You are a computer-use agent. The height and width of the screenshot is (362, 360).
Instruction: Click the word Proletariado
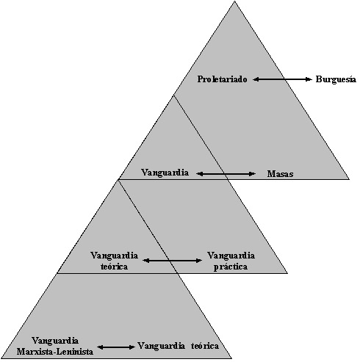point(222,79)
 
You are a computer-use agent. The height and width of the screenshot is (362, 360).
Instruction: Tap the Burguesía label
point(336,79)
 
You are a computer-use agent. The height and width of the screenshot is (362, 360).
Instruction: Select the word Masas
point(280,174)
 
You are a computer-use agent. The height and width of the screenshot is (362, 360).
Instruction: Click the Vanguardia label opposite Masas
point(165,173)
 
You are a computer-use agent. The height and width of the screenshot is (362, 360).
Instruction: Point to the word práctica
point(231,267)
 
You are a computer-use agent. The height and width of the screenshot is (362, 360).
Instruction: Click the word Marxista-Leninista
point(55,352)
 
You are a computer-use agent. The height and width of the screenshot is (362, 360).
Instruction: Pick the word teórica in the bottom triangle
point(205,346)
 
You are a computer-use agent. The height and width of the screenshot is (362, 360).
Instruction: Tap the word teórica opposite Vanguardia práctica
point(114,267)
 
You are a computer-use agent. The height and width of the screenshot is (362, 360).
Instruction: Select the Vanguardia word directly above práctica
point(231,256)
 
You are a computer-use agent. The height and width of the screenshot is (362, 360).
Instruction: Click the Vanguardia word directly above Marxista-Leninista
point(55,341)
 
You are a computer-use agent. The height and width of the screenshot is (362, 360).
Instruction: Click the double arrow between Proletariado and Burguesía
point(282,79)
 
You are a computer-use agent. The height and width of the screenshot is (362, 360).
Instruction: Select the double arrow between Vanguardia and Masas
point(226,174)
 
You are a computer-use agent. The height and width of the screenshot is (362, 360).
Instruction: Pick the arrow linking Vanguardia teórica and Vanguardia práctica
point(173,261)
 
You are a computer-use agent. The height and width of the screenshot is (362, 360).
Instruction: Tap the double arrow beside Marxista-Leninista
point(116,347)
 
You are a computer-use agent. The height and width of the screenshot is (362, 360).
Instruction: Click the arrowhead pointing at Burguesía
point(309,79)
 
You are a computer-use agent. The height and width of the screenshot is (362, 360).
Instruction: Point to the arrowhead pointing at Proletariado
point(256,79)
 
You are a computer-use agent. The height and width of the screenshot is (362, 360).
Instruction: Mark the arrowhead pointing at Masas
point(253,174)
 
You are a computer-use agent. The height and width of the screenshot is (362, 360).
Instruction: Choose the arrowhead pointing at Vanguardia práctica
point(199,261)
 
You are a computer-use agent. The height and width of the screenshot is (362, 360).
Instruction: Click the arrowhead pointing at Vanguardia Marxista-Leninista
point(101,347)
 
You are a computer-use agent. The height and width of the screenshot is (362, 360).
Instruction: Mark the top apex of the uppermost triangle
point(234,1)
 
